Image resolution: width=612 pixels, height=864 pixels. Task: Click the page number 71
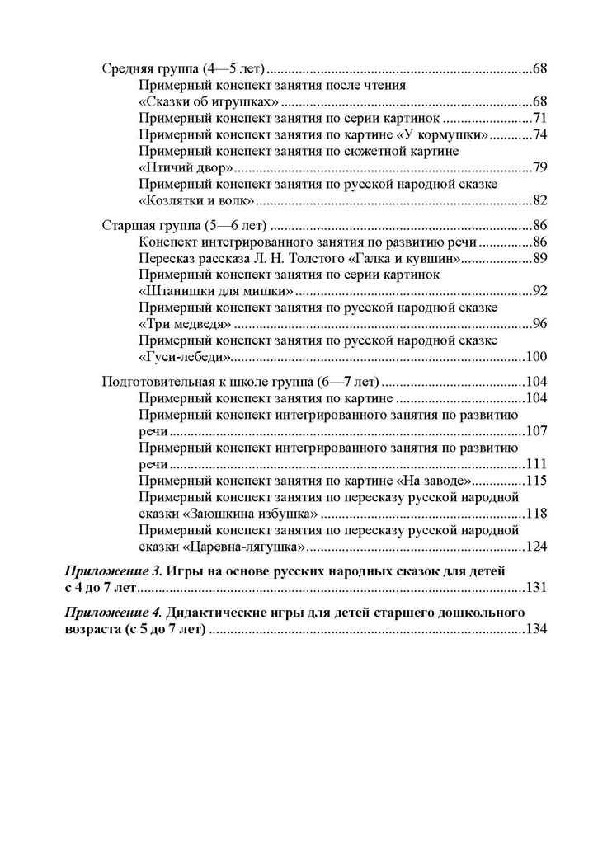[540, 118]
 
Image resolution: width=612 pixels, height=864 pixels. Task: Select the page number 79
[540, 168]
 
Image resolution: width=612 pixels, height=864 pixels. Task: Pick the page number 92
[540, 291]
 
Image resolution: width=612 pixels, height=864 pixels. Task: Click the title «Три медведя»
[184, 324]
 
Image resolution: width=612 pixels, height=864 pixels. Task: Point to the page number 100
[537, 357]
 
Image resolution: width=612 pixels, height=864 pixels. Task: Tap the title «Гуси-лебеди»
[185, 357]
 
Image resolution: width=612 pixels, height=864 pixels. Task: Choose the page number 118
[537, 514]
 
